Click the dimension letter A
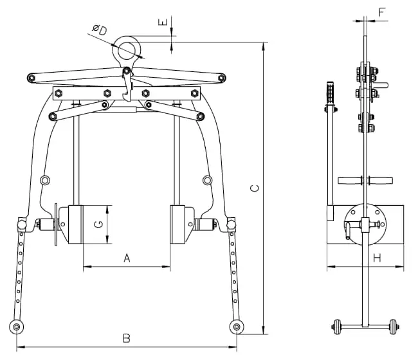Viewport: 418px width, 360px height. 127,258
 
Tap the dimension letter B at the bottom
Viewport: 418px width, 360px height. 127,338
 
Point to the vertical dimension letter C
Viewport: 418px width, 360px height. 255,188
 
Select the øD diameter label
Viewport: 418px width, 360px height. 100,30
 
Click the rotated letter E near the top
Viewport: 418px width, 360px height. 163,22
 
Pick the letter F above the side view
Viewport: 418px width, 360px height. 382,12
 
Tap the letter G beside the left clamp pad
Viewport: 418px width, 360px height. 98,224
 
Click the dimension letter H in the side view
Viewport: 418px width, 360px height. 377,258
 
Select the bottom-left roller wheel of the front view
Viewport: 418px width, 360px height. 16,327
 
